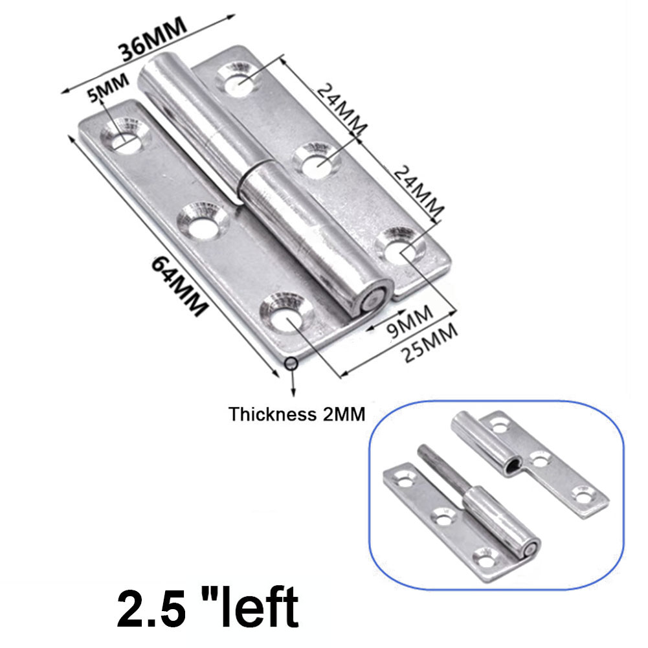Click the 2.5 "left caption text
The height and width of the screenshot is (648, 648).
(x=208, y=608)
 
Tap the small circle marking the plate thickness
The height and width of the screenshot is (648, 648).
(x=292, y=363)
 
